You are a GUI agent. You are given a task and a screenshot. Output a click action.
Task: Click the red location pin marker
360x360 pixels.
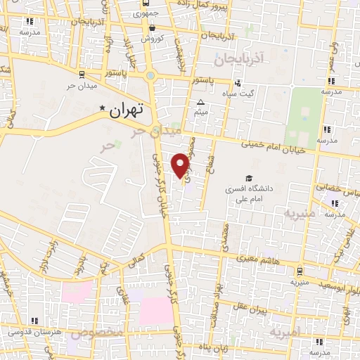point(181,165)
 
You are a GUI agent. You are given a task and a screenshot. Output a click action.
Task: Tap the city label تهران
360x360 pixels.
point(127,109)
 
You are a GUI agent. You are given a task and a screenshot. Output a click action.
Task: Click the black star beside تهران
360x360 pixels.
point(103,108)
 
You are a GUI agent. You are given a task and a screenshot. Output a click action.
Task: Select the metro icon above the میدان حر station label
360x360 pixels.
point(83,73)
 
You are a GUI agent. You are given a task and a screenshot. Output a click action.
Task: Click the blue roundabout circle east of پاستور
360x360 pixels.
point(150,75)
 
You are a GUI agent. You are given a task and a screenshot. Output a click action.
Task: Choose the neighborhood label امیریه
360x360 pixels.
point(288,330)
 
